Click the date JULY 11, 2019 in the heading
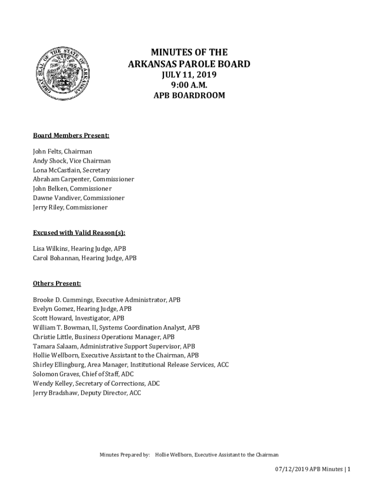[188, 75]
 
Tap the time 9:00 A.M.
[189, 85]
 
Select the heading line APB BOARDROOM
[189, 95]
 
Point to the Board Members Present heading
[71, 135]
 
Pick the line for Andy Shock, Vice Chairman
[72, 161]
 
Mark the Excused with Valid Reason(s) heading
[79, 232]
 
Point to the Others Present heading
[57, 283]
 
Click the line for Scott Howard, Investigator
[78, 318]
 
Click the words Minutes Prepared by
[124, 455]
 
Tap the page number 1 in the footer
[348, 469]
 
